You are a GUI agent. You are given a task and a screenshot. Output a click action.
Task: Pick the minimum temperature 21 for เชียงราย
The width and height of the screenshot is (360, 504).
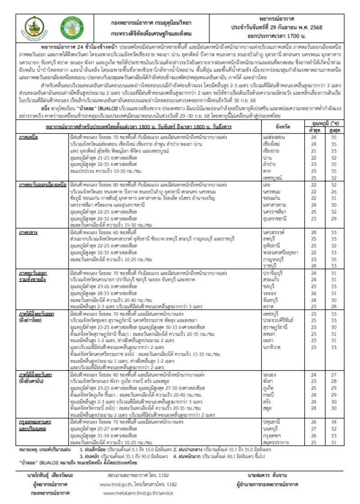tap(314, 152)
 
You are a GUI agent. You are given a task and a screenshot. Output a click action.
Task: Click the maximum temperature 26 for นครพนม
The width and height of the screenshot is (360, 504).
tap(333, 191)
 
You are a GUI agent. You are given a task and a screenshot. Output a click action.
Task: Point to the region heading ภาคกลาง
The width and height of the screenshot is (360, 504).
tap(27, 232)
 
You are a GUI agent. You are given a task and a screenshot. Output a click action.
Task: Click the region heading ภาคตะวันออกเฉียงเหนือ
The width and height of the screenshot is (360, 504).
tap(42, 184)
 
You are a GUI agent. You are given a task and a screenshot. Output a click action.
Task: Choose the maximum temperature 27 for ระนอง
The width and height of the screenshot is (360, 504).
tap(333, 375)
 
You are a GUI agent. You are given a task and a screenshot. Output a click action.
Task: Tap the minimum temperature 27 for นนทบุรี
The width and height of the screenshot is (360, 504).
tap(314, 429)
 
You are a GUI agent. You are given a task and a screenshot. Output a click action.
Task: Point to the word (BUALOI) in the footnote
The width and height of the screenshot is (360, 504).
tap(53, 462)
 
